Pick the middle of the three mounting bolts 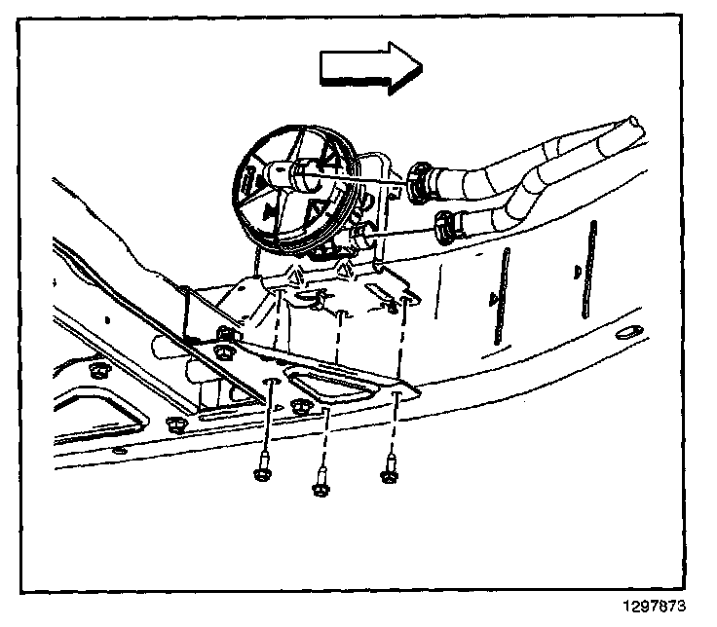(x=320, y=482)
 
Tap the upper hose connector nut (x=420, y=182)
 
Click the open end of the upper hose (x=635, y=127)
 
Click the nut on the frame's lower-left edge (x=175, y=424)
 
